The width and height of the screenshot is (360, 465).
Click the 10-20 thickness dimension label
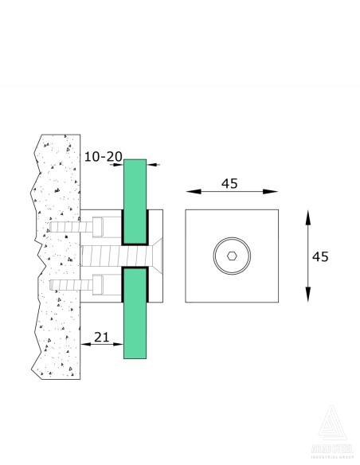103,157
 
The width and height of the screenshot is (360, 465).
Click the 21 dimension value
102,338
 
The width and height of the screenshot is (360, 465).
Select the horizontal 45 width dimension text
230,183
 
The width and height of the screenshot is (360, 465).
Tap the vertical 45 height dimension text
320,256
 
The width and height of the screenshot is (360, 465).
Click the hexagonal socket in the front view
231,256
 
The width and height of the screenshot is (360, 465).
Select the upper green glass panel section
135,183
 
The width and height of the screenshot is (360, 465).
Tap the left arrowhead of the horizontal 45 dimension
190,191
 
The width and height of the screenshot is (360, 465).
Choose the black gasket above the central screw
124,227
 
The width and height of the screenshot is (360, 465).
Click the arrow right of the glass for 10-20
153,165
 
